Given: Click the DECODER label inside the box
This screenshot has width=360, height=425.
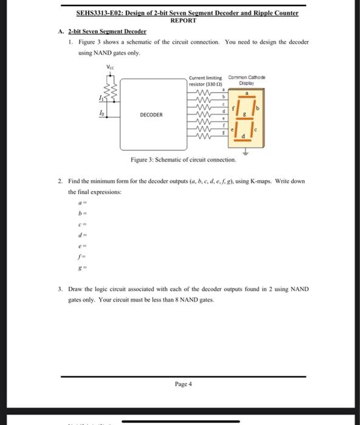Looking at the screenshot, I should click(151, 114).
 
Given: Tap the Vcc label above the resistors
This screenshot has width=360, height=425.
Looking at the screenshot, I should click(110, 66).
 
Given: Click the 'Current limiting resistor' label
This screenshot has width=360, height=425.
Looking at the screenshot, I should click(206, 80).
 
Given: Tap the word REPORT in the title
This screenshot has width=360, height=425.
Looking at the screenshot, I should click(183, 20).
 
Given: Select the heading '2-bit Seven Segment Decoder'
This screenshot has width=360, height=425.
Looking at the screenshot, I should click(107, 31).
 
